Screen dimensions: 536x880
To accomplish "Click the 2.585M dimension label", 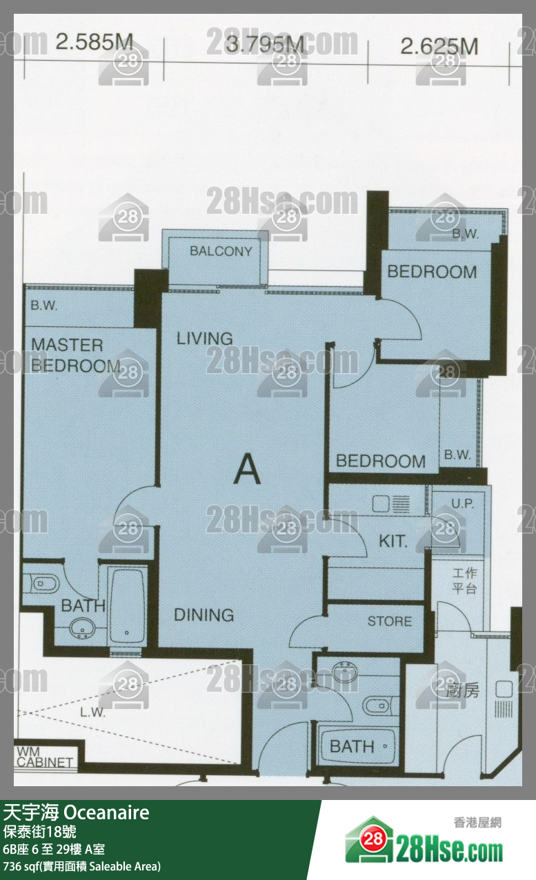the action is pos(95,42).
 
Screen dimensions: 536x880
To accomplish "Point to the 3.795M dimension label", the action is pos(265,44).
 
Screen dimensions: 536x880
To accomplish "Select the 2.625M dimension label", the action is pos(439,46).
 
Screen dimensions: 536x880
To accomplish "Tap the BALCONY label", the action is pos(221,251).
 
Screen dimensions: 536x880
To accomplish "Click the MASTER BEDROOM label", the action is pos(76,356).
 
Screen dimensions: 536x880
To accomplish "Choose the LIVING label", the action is pos(204,339).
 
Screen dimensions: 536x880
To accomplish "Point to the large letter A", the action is pos(247,469).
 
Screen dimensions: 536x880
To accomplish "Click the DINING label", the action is pos(204,614).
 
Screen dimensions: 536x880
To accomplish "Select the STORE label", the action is pos(390,621).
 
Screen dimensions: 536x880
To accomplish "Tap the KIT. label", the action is pos(393,541).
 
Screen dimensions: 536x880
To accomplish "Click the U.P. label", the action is pos(462,503).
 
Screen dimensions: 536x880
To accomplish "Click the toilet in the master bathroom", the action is pos(41,583).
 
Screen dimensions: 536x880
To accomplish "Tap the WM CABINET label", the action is pos(44,757).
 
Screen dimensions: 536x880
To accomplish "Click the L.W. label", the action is pos(92,712).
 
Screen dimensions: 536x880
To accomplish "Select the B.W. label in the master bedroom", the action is pos(44,306).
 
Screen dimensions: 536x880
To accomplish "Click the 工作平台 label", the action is pos(464,581).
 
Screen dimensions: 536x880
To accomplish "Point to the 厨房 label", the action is pos(463,690).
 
